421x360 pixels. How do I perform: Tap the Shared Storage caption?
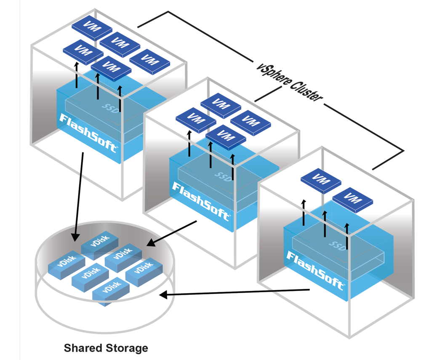pos(106,348)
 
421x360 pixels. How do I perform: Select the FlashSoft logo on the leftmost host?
pos(89,131)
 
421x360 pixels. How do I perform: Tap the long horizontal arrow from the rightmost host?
pos(236,292)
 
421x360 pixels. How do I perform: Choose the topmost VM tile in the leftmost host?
pos(92,27)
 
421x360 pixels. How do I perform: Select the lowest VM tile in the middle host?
pos(226,137)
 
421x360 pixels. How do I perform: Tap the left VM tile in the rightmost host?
pos(321,180)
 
